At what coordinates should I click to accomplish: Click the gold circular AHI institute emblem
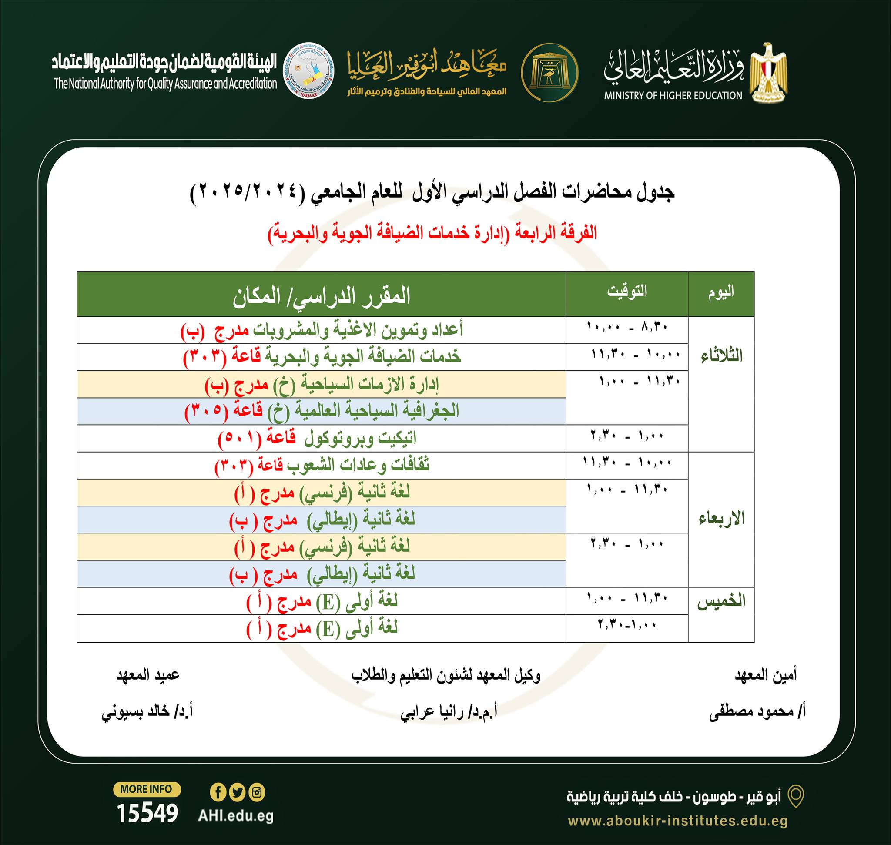(x=549, y=73)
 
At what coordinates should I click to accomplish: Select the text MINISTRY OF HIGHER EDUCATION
(x=673, y=95)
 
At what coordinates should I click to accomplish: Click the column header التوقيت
(x=626, y=292)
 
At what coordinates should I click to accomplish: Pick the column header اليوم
(x=721, y=292)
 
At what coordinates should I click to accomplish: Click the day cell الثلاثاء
(x=721, y=356)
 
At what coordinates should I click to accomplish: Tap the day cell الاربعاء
(x=721, y=519)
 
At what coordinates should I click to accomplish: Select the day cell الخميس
(x=721, y=602)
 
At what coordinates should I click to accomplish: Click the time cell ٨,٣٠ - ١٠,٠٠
(x=627, y=327)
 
